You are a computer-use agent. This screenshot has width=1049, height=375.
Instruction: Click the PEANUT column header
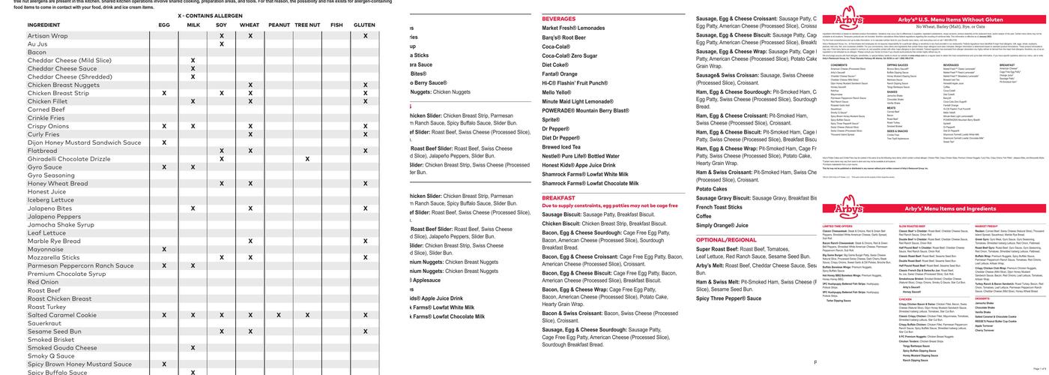coord(279,25)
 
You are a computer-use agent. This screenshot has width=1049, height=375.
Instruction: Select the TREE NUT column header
coord(307,25)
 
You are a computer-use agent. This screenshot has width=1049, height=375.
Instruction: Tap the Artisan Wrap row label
coord(47,36)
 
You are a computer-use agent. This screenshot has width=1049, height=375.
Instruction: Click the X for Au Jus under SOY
coord(222,44)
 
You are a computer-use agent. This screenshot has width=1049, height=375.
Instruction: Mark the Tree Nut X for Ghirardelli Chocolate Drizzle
coord(307,159)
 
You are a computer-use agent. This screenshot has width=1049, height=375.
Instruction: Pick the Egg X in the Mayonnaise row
coord(164,249)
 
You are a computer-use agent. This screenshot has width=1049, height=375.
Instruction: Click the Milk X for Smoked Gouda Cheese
coord(193,348)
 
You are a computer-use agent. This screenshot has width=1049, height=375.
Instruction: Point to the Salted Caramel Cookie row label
coord(62,315)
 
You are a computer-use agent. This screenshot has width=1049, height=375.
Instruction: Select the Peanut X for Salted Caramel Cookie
coord(279,315)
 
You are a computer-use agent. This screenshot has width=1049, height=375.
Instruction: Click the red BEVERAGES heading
coord(559,19)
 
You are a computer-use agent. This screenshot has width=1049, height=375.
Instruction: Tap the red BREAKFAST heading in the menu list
coord(559,198)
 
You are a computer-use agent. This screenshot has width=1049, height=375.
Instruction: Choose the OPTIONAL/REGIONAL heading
coord(726,240)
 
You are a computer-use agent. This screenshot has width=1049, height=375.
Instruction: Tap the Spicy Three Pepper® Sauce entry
coord(728,298)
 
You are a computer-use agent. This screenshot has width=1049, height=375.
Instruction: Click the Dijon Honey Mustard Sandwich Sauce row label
coord(84,142)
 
